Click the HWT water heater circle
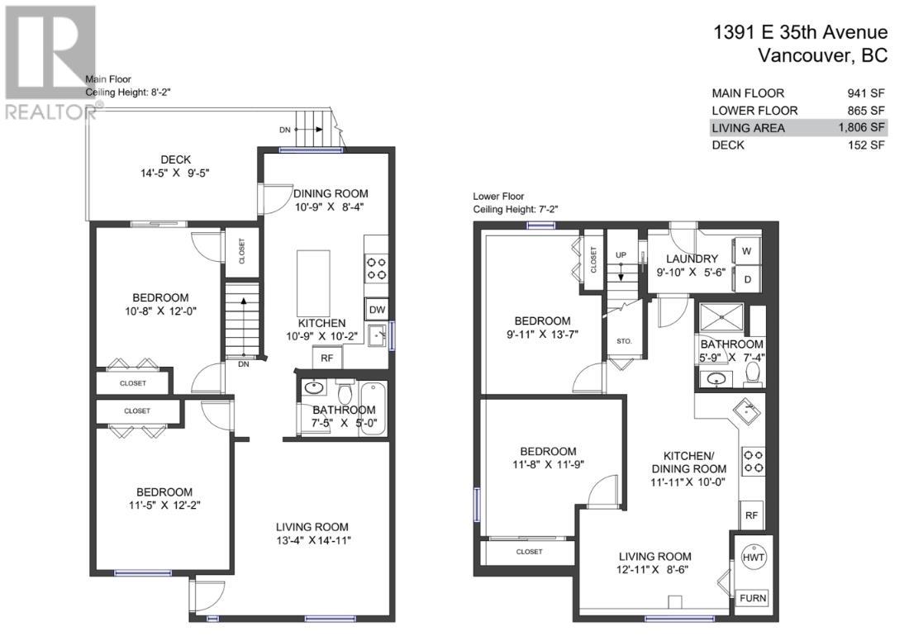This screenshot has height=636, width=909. pos(753,558)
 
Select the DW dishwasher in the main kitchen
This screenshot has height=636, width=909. pos(377,309)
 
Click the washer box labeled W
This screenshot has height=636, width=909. pos(746,250)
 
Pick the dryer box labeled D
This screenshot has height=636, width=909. pos(746,278)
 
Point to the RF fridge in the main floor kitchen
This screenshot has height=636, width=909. pos(327,358)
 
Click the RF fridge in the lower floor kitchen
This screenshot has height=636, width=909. pos(751,515)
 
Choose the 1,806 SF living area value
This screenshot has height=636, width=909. pos(860,127)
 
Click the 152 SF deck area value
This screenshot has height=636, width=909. pos(866,145)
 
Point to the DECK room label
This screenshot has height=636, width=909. pos(176,159)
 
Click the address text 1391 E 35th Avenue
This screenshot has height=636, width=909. pos(801,32)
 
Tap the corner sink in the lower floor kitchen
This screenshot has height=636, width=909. pos(747,410)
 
